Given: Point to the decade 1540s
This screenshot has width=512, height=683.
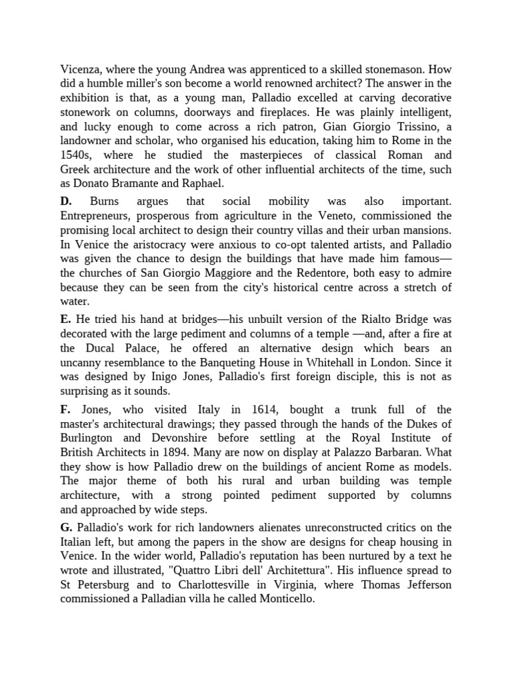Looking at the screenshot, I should coord(77,155).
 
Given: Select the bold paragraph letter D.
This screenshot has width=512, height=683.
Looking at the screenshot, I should coord(65,201).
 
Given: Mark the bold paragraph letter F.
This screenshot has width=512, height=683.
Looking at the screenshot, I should coord(65,409).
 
